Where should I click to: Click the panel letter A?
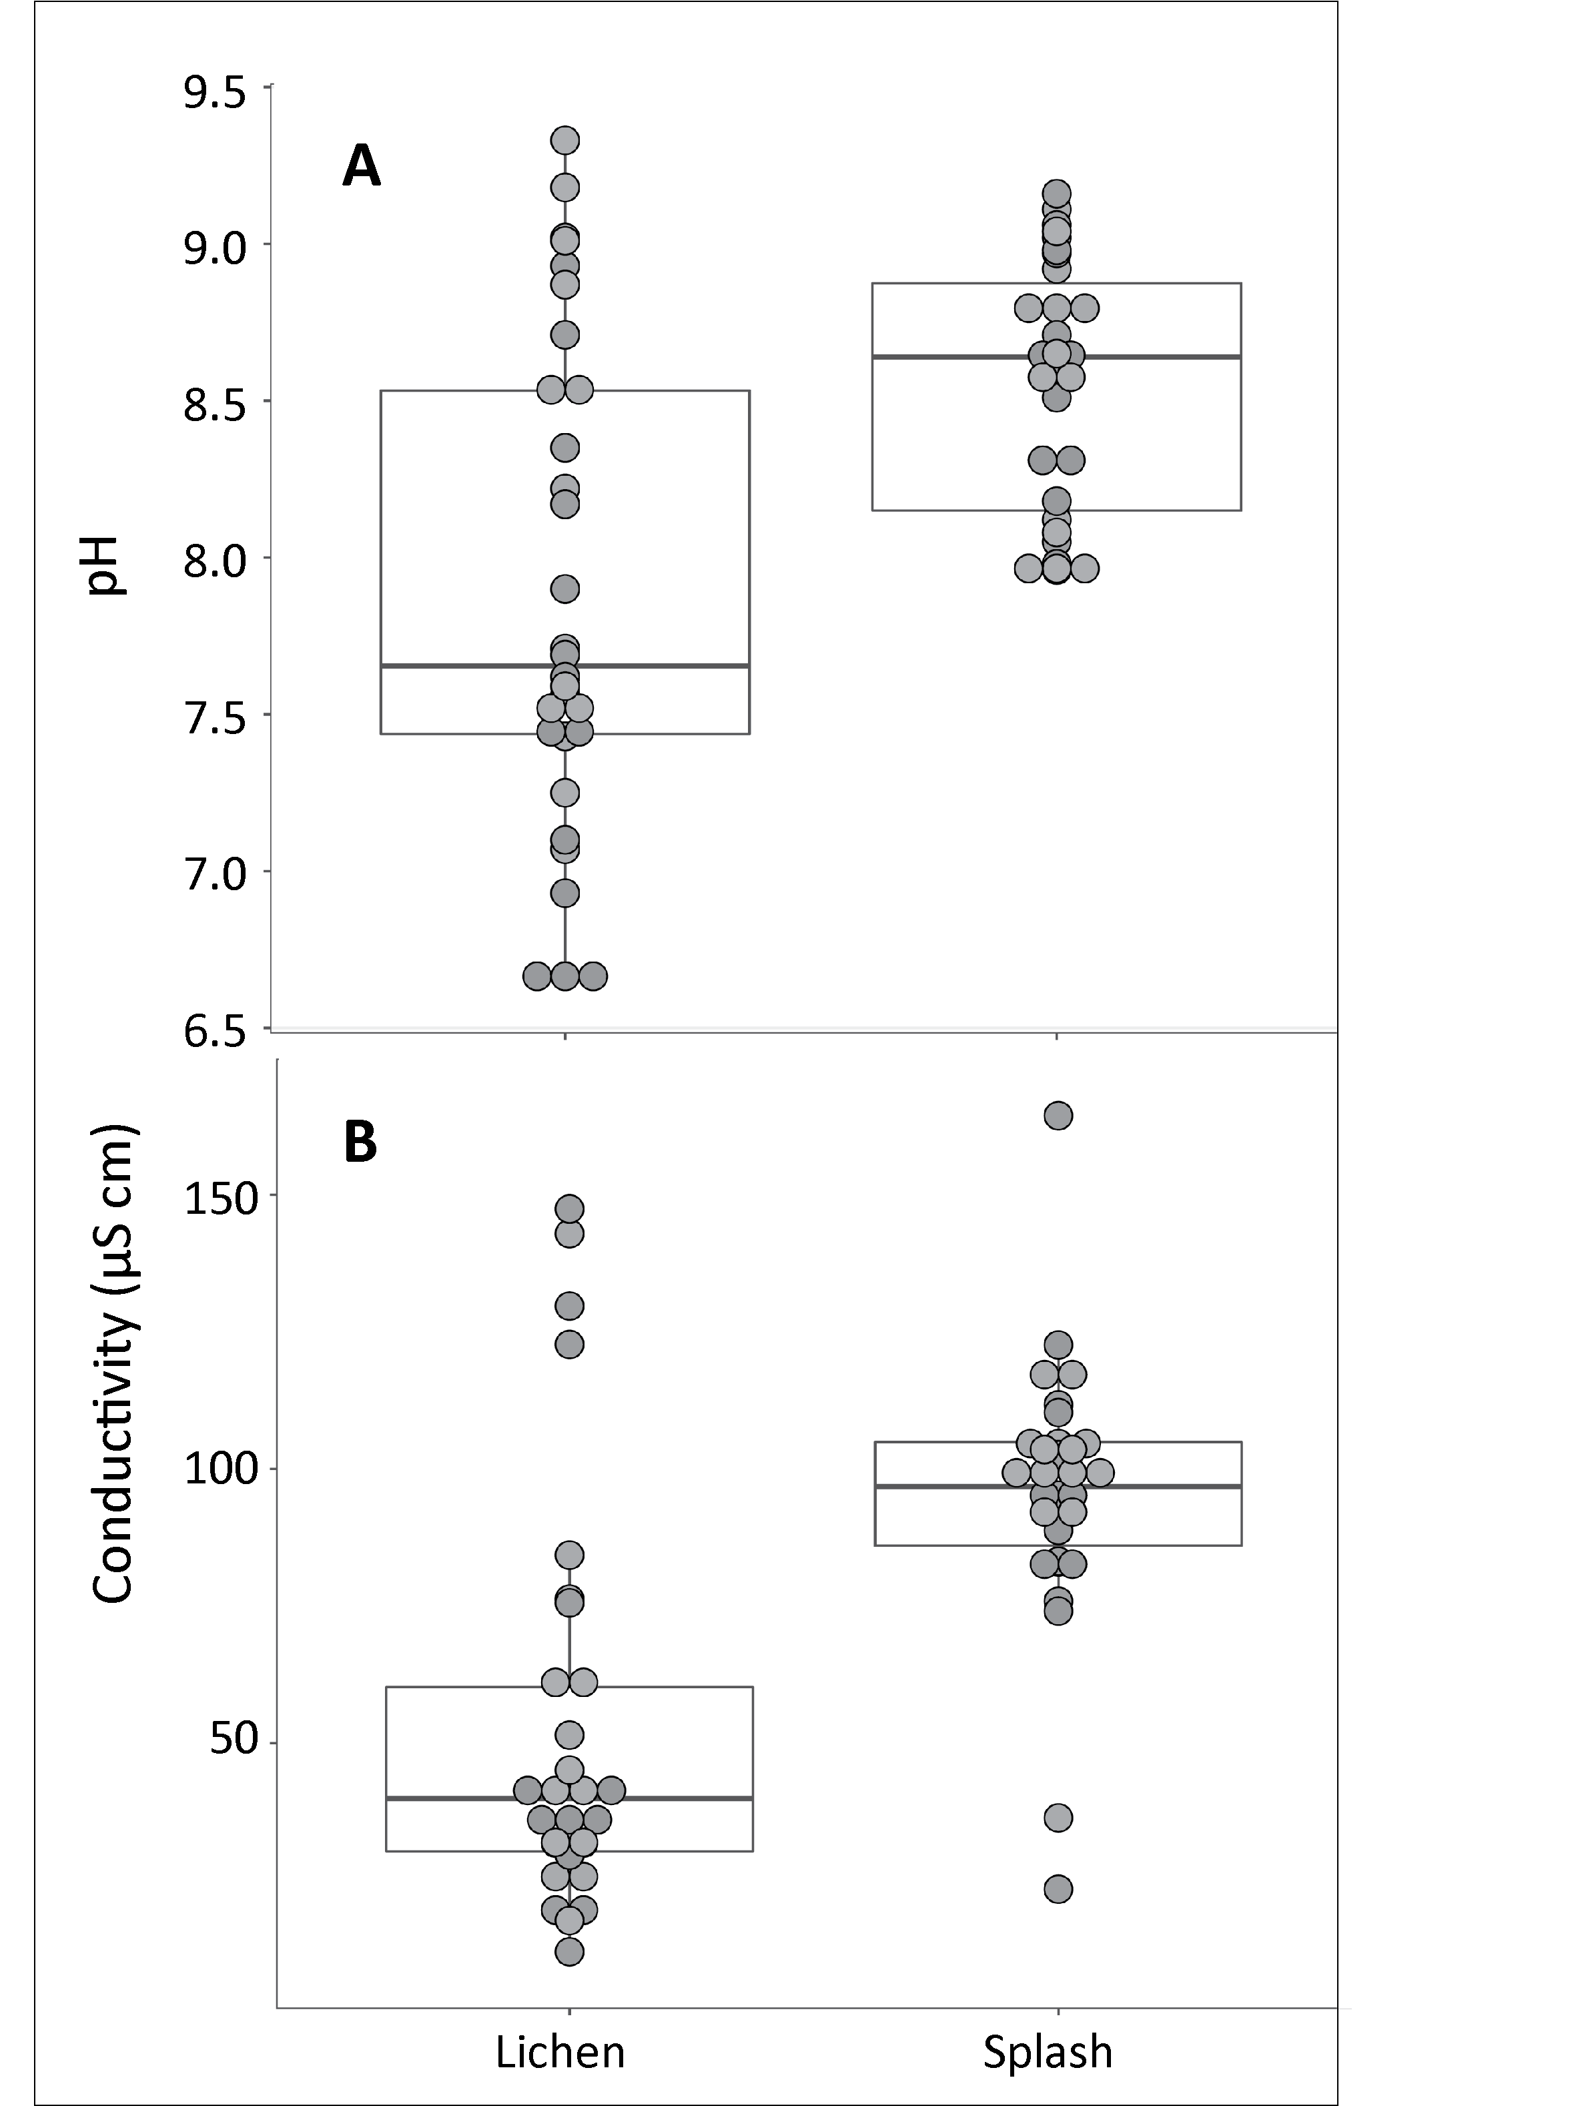pos(361,167)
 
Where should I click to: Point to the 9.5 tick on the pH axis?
pos(215,93)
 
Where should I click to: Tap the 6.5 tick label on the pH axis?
pos(215,1032)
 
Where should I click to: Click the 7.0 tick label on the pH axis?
pos(215,873)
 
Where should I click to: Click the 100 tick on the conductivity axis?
pos(222,1469)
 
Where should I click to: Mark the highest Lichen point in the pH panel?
pos(565,141)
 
